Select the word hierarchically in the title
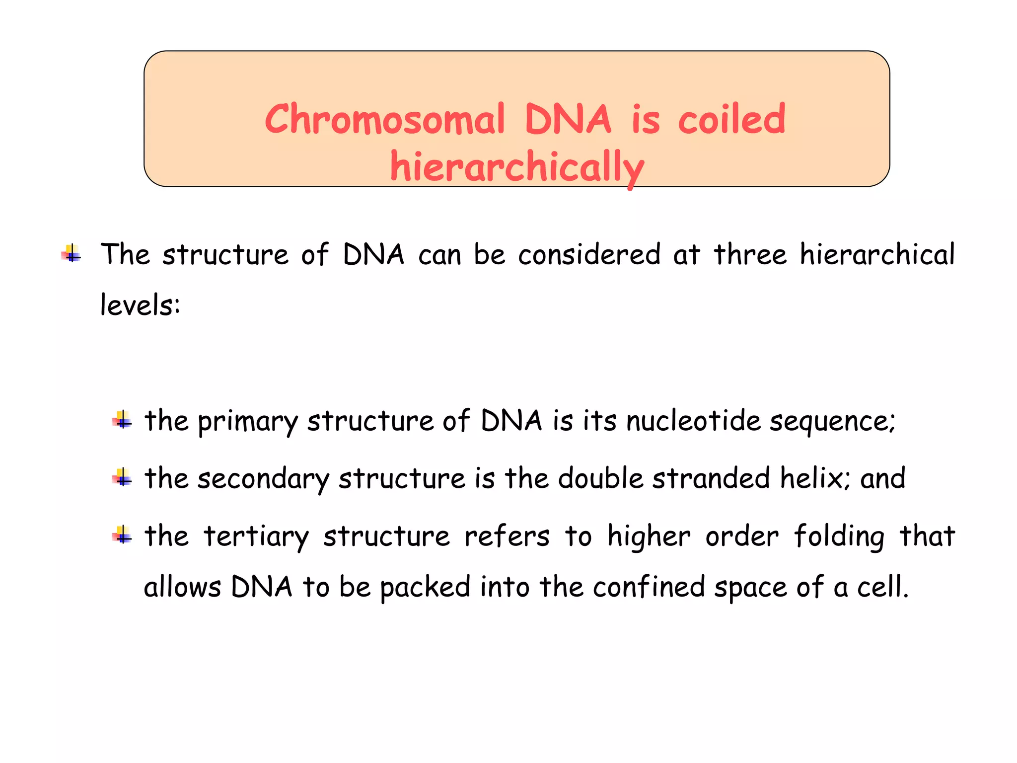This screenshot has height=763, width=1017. tap(517, 167)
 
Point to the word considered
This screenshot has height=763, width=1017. tap(589, 254)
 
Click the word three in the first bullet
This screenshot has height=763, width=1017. tap(750, 254)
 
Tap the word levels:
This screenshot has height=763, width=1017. tap(140, 305)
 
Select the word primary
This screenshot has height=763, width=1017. tap(248, 421)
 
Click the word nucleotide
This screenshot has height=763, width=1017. tap(693, 421)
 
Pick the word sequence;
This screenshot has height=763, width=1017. tap(833, 421)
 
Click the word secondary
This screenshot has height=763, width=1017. tap(263, 479)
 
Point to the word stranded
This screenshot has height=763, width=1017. tap(711, 479)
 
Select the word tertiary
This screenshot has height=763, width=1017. tap(256, 536)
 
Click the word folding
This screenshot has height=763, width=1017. tap(839, 536)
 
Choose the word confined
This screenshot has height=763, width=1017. tap(649, 587)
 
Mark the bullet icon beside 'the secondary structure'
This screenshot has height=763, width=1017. tap(122, 477)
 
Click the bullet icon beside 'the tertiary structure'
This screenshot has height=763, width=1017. tap(122, 535)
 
